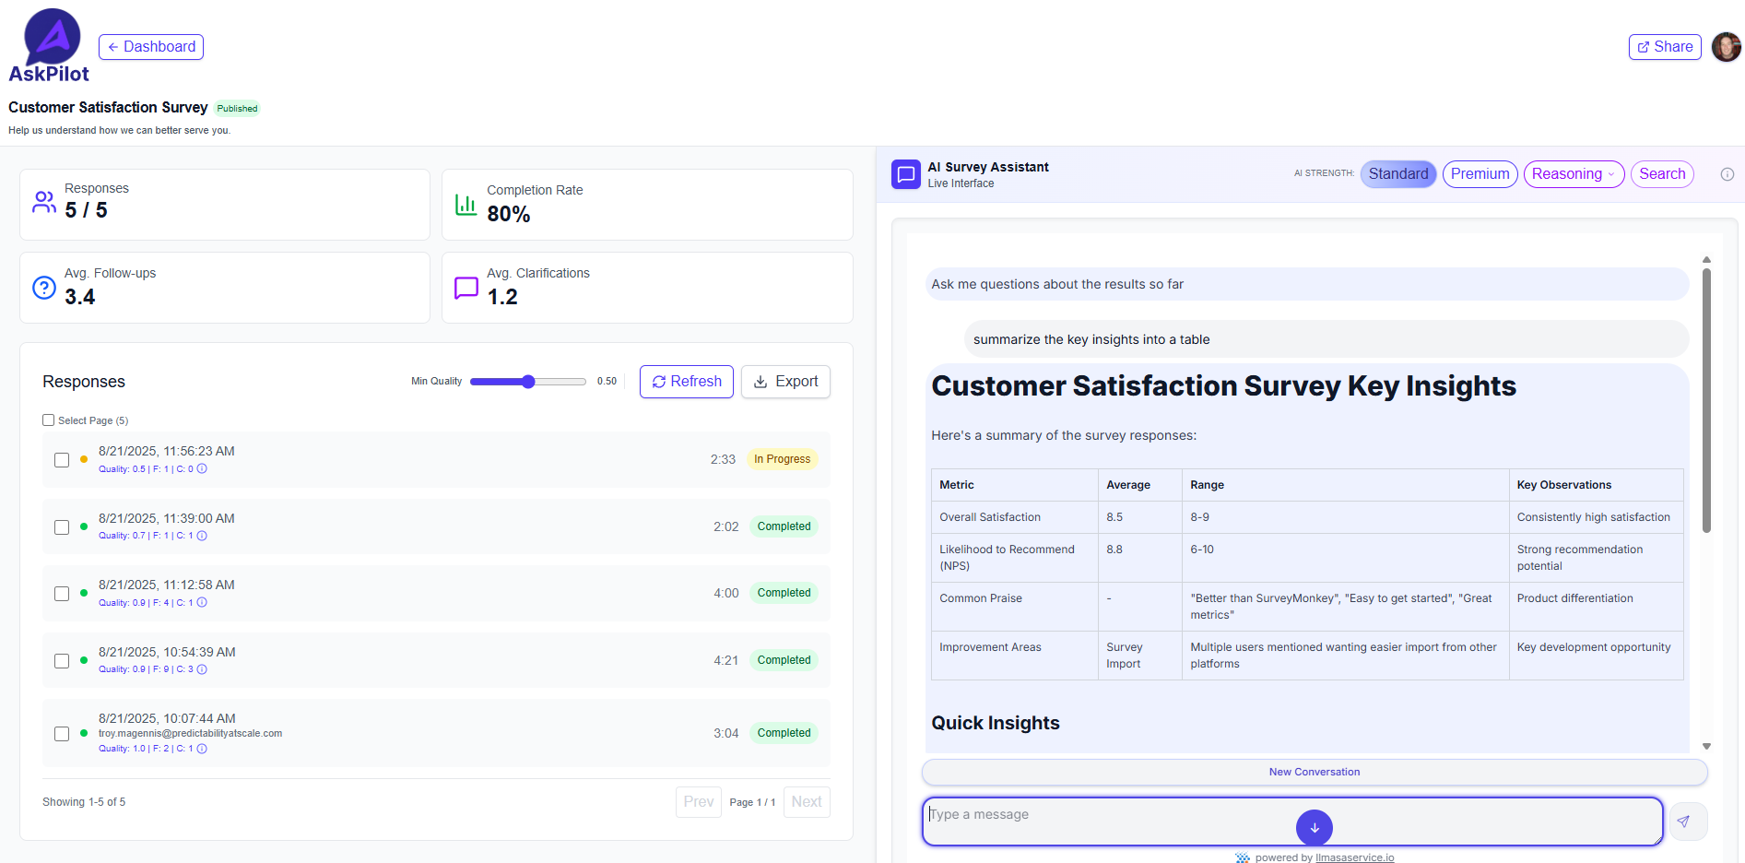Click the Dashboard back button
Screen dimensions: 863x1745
[151, 47]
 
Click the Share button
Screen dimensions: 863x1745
[1664, 47]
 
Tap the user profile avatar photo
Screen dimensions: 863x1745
[1726, 47]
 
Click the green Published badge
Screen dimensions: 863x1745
[237, 109]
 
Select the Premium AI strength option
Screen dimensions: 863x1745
[1480, 174]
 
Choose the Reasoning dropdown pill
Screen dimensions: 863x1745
[1573, 174]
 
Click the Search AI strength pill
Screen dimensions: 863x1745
[1661, 174]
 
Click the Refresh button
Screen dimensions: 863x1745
[686, 382]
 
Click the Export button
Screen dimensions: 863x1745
[785, 382]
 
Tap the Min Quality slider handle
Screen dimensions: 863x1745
[528, 382]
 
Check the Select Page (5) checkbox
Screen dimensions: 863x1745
[49, 420]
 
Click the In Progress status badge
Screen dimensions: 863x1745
[782, 459]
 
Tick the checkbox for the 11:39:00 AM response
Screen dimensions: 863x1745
[62, 527]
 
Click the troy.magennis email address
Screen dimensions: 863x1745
[190, 734]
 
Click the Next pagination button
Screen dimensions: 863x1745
[806, 802]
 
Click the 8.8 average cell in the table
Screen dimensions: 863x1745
[1114, 550]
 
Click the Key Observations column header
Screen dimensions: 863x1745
[1563, 485]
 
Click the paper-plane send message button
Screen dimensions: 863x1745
[1683, 822]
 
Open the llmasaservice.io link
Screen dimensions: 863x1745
[1354, 857]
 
